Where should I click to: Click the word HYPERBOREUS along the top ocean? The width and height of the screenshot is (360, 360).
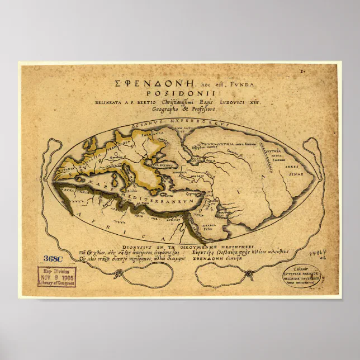point(195,122)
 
